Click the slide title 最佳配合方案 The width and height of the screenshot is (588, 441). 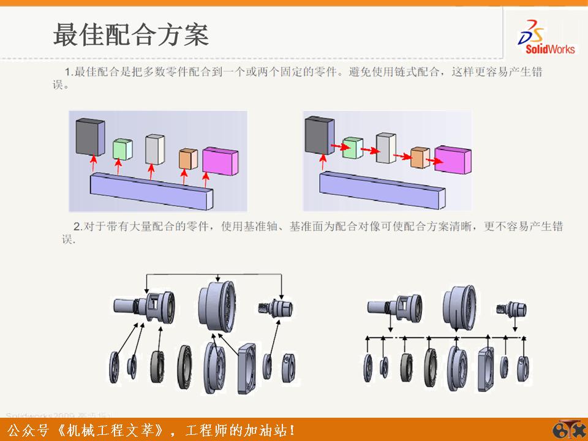[130, 35]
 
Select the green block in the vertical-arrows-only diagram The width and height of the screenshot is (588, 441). [123, 149]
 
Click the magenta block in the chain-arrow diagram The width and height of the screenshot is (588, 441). [453, 160]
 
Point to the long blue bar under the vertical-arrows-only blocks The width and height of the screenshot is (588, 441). [151, 189]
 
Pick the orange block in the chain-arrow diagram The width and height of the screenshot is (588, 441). [419, 158]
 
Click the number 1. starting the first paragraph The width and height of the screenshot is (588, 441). [68, 72]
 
